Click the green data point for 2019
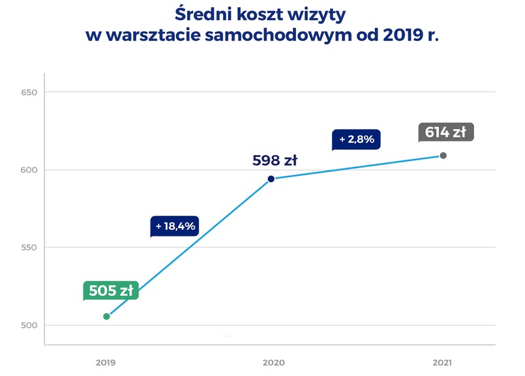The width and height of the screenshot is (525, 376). [x=107, y=316]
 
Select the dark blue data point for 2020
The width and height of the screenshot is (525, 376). [x=271, y=179]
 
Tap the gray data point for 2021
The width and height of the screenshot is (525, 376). [x=443, y=156]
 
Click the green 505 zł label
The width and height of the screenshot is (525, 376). [x=111, y=291]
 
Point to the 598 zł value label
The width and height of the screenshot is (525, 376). [x=275, y=160]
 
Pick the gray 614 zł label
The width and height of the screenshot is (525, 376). [x=445, y=132]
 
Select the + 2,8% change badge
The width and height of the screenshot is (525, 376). [x=356, y=139]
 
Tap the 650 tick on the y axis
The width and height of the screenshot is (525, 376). [x=29, y=93]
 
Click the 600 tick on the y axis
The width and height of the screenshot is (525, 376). [x=29, y=170]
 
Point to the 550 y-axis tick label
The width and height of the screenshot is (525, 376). [x=29, y=248]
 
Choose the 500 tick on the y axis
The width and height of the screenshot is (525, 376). [x=29, y=325]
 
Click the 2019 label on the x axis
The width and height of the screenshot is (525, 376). [x=106, y=362]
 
